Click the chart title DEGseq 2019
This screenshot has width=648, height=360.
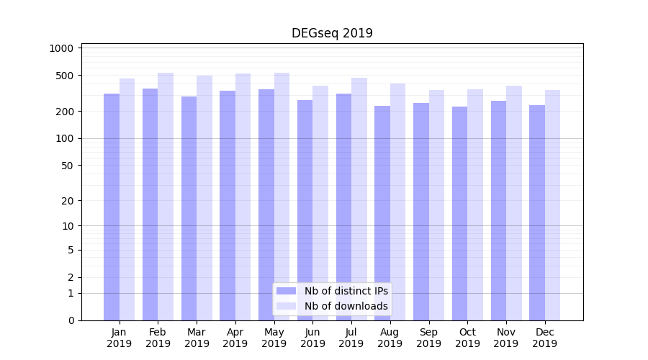(x=332, y=33)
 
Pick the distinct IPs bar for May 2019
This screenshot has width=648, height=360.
(x=266, y=204)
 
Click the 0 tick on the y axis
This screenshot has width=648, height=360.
(x=71, y=320)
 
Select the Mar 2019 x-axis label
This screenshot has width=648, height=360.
(x=197, y=338)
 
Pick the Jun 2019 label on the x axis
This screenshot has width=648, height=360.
(x=312, y=338)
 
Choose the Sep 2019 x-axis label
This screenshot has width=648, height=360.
(x=428, y=338)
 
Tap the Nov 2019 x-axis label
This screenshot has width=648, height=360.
(x=506, y=338)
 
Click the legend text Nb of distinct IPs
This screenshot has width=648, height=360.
(x=346, y=291)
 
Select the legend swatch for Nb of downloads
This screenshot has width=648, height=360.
(x=287, y=306)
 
